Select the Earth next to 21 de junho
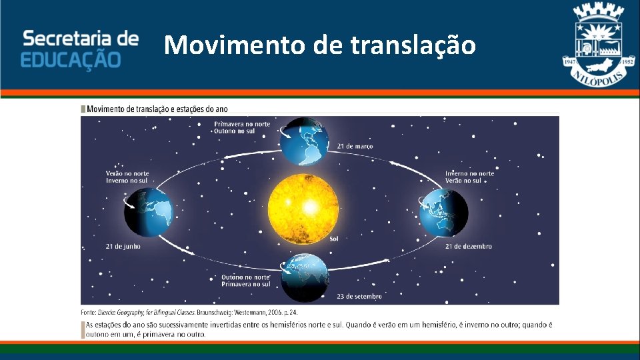[x=148, y=212]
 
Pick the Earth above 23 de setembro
[x=304, y=277]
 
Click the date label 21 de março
[x=355, y=146]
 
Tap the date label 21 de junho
[x=123, y=246]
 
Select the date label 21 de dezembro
[x=469, y=246]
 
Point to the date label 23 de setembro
[x=359, y=296]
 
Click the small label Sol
[x=335, y=239]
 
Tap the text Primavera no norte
[x=242, y=123]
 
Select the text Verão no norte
[x=127, y=173]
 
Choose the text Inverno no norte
[x=469, y=173]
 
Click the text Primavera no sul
[x=246, y=284]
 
